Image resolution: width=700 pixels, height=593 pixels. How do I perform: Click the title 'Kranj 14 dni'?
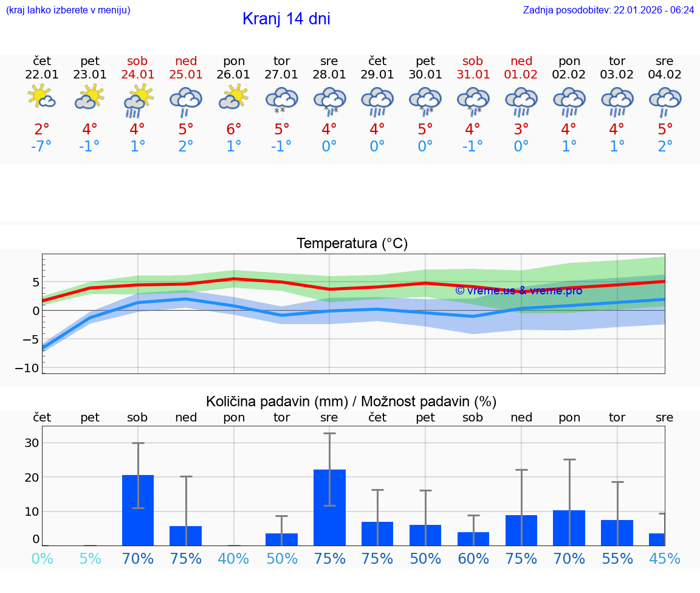coord(286,19)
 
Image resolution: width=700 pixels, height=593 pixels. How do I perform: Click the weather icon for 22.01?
coord(42,97)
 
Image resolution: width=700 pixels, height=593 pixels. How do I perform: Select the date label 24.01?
coord(137,75)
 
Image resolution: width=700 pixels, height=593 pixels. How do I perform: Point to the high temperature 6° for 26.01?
coord(234,129)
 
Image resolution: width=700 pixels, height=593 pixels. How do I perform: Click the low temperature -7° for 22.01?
coord(42,147)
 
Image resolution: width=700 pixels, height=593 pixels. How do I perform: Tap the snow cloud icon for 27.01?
coord(281,100)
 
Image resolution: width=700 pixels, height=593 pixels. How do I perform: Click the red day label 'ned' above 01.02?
coord(521,61)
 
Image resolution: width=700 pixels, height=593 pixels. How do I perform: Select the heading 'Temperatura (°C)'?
coord(352,244)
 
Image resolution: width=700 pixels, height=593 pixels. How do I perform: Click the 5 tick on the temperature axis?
coord(35,282)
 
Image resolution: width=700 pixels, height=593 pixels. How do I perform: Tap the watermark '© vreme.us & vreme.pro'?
coord(518,291)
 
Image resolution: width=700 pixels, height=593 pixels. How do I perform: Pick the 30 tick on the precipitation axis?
coord(32,443)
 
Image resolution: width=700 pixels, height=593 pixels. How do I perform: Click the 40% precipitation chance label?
coord(234,559)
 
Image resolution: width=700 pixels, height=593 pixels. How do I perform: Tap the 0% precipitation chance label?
coord(42,559)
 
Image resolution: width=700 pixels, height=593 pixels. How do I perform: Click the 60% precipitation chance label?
coord(473,559)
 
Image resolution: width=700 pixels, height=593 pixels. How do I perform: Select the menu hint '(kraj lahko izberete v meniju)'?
coord(68,10)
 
